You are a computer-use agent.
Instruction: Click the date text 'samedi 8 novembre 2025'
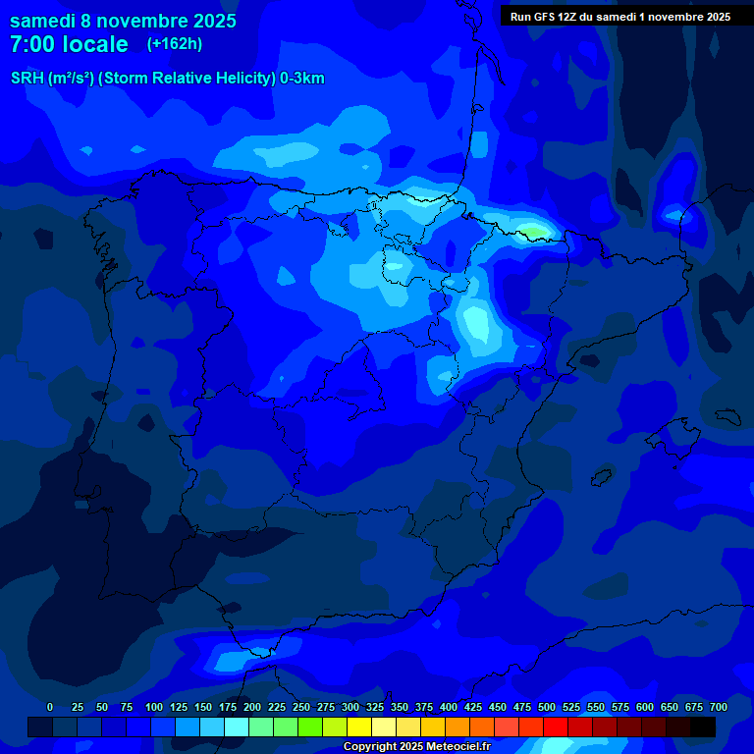click(x=123, y=21)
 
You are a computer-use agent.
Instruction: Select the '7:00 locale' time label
click(x=69, y=44)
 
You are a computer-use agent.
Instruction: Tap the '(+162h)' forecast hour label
click(x=175, y=43)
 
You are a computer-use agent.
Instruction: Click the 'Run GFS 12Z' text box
click(x=619, y=17)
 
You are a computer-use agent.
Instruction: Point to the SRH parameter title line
click(x=167, y=79)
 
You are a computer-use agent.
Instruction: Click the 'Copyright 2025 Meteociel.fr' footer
click(x=416, y=746)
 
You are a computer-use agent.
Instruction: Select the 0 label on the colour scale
click(x=50, y=707)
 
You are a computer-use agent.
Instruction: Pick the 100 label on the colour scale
click(x=154, y=707)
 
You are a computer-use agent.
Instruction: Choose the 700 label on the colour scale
click(x=719, y=707)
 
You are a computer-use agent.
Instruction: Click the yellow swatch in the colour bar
click(x=359, y=727)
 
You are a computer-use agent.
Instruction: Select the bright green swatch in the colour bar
click(x=310, y=727)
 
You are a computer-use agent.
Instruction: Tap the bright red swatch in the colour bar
click(x=556, y=727)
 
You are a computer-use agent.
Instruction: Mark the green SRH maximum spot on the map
click(x=533, y=233)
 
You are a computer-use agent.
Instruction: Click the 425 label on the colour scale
click(x=473, y=707)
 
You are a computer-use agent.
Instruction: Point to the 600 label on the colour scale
click(x=645, y=707)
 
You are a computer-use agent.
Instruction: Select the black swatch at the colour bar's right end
click(x=703, y=727)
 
